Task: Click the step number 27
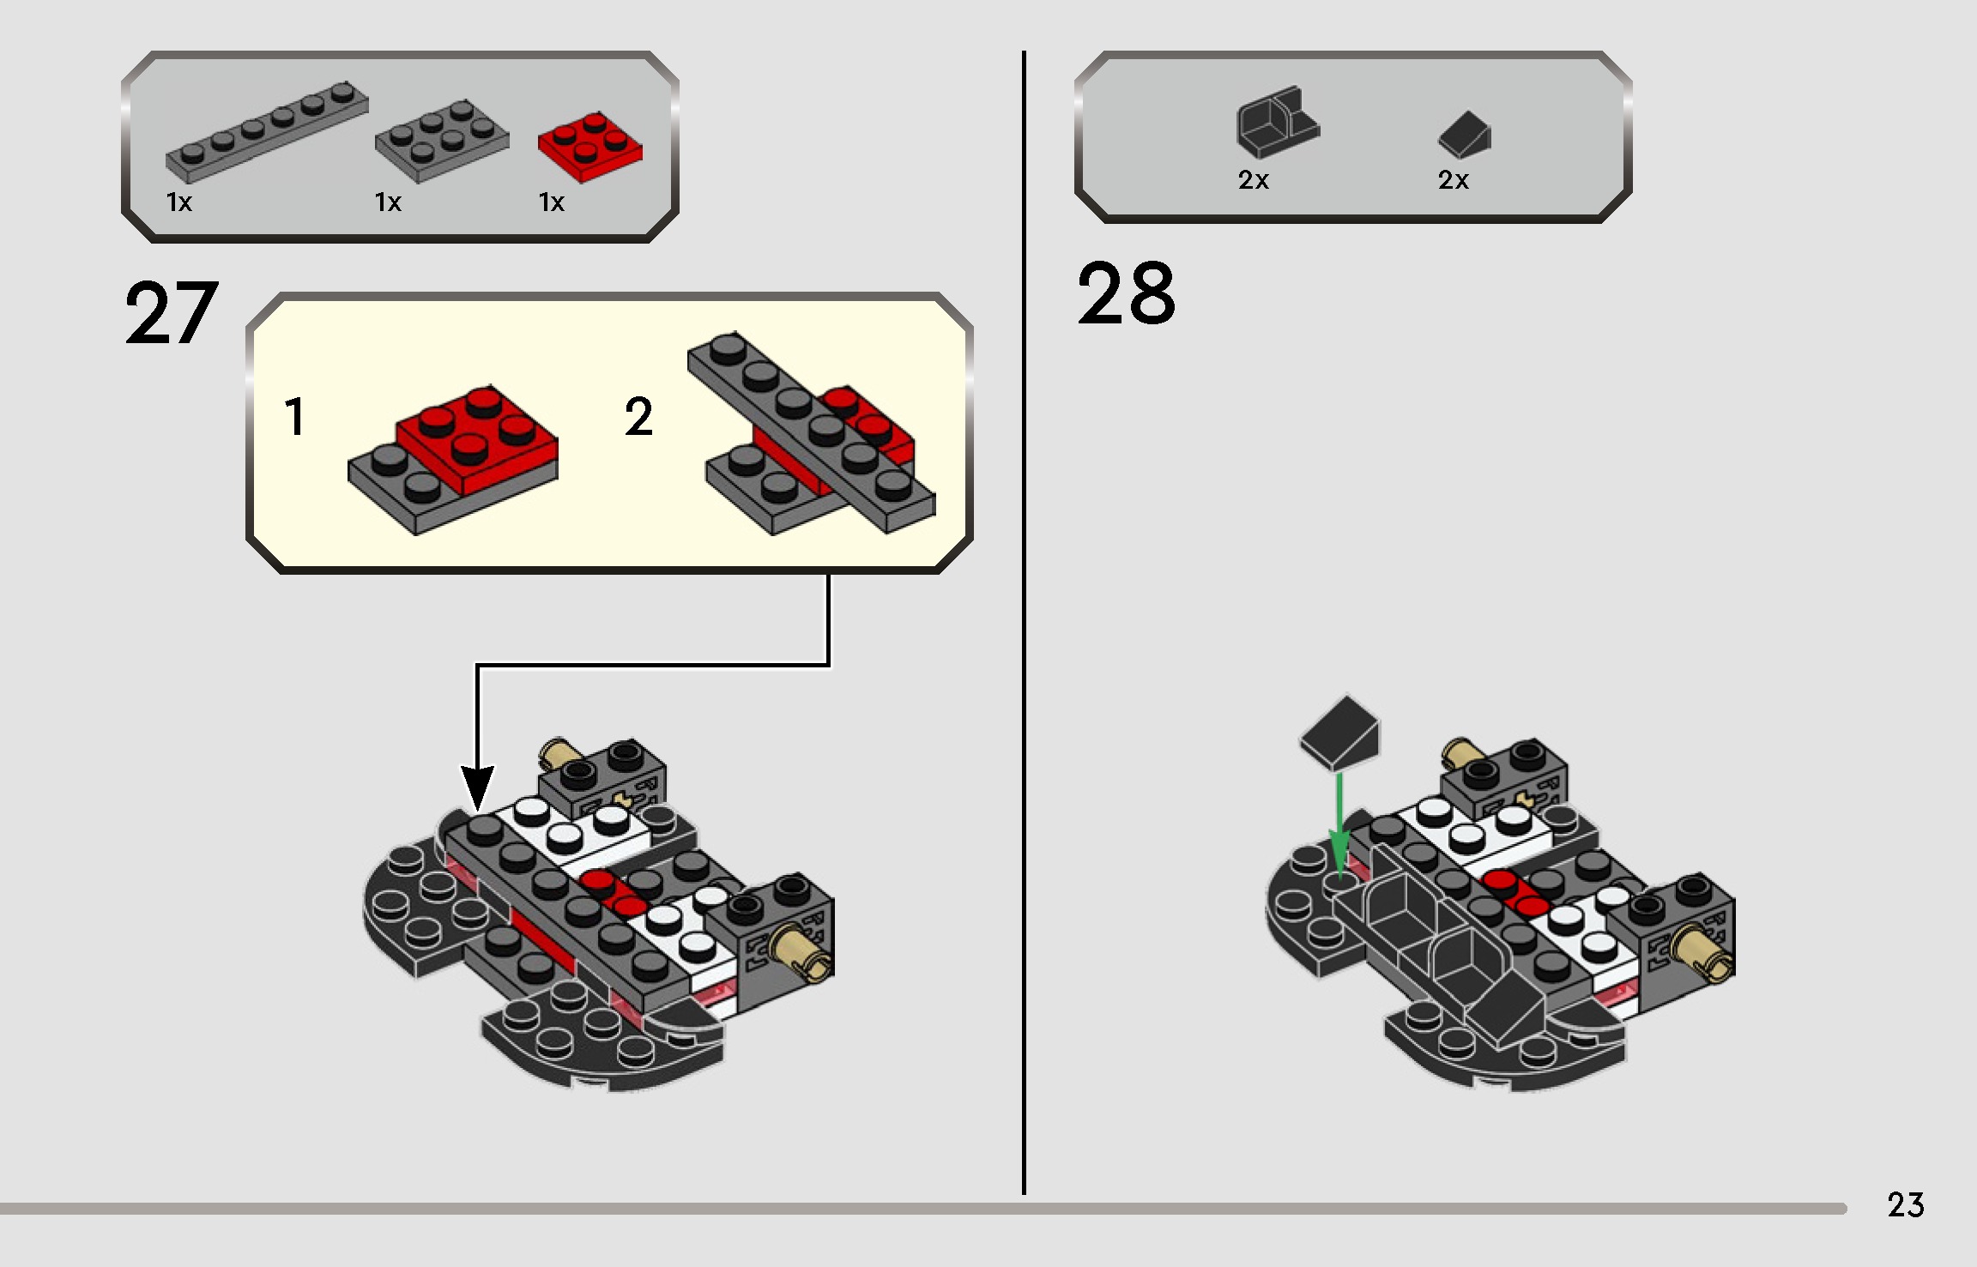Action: pos(171,314)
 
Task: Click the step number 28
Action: pos(1126,294)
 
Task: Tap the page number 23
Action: pos(1905,1205)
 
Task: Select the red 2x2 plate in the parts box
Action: pos(589,147)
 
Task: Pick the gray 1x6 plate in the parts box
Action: pos(266,132)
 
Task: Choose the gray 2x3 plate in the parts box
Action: pos(441,141)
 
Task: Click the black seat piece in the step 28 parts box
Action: pos(1276,124)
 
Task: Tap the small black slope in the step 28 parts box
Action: pos(1465,135)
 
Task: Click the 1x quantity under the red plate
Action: pos(551,202)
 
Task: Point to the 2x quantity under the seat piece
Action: pos(1253,180)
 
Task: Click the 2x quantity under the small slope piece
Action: pos(1453,180)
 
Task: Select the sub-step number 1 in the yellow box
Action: pos(294,417)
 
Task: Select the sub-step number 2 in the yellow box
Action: pos(638,417)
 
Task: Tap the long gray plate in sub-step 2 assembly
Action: pos(811,429)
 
